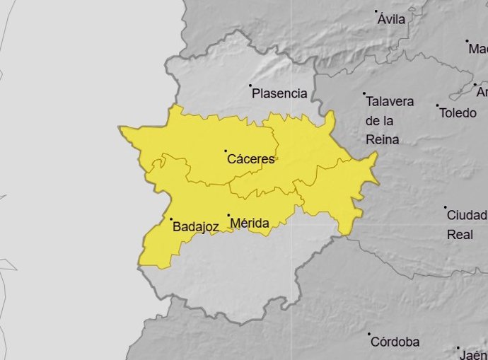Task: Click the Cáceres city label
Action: pyautogui.click(x=250, y=160)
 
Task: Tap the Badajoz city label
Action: pyautogui.click(x=195, y=227)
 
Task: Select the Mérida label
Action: pyautogui.click(x=250, y=224)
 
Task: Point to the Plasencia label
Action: pyautogui.click(x=279, y=93)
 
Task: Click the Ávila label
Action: pyautogui.click(x=391, y=19)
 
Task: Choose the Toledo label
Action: pyautogui.click(x=458, y=113)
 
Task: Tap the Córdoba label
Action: pyautogui.click(x=395, y=342)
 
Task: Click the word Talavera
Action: pyautogui.click(x=390, y=102)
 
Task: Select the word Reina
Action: pyautogui.click(x=383, y=139)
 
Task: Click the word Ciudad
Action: pyautogui.click(x=467, y=215)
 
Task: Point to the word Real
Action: pyautogui.click(x=460, y=234)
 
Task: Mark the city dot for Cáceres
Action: pyautogui.click(x=226, y=151)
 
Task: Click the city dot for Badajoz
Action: pyautogui.click(x=170, y=219)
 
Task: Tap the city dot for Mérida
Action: pyautogui.click(x=228, y=215)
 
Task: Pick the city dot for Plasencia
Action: pyautogui.click(x=250, y=86)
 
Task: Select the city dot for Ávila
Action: pyautogui.click(x=377, y=11)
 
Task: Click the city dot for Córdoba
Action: pyautogui.click(x=368, y=334)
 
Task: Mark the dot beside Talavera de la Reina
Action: pyautogui.click(x=364, y=93)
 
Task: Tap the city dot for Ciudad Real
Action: pyautogui.click(x=446, y=207)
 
